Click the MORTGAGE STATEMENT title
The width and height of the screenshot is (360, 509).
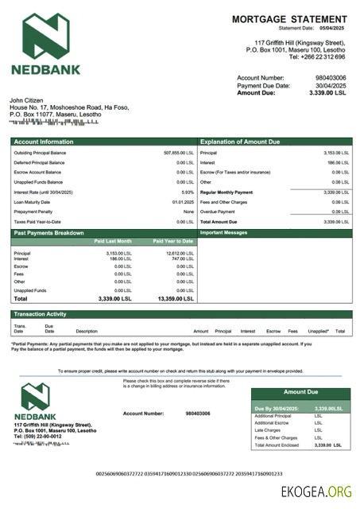click(x=289, y=18)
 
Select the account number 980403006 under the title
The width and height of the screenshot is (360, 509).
click(x=330, y=78)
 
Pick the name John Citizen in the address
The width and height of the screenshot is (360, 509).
click(x=25, y=100)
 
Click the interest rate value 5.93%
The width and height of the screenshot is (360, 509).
click(x=188, y=192)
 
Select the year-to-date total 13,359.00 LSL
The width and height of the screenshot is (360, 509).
click(x=176, y=299)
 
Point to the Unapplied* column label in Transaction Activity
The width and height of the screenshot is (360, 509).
click(x=318, y=331)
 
